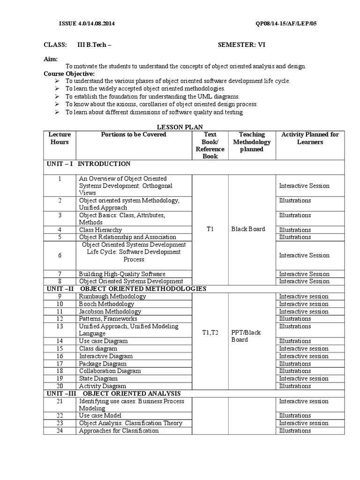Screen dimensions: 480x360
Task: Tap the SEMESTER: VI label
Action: (x=242, y=45)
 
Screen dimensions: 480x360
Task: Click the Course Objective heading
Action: (x=69, y=74)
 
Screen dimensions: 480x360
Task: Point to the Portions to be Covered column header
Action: (x=134, y=135)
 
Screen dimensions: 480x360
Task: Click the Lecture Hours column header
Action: (x=60, y=138)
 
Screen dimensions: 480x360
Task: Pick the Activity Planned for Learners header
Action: (x=310, y=138)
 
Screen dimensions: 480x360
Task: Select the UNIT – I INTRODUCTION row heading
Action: (x=88, y=164)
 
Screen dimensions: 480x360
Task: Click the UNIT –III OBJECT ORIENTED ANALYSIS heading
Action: (x=113, y=393)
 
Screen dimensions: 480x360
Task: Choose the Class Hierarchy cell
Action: (x=100, y=230)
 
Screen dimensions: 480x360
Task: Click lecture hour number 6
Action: (x=60, y=255)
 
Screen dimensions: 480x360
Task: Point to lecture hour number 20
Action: (x=60, y=386)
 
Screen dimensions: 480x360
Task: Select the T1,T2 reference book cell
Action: (x=210, y=332)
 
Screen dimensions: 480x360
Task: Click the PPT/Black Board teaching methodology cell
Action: (x=246, y=336)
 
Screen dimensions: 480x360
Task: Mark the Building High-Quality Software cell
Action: (x=122, y=274)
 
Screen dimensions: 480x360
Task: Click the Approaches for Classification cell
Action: (x=119, y=431)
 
